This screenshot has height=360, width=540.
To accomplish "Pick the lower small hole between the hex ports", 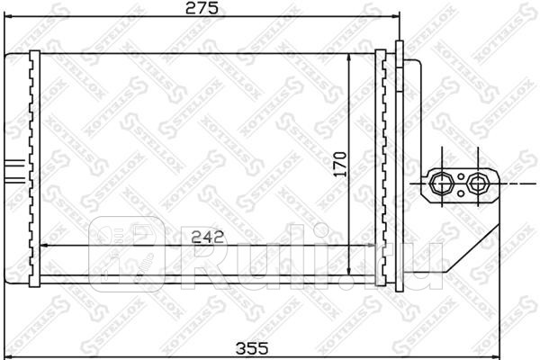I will (459, 191).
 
